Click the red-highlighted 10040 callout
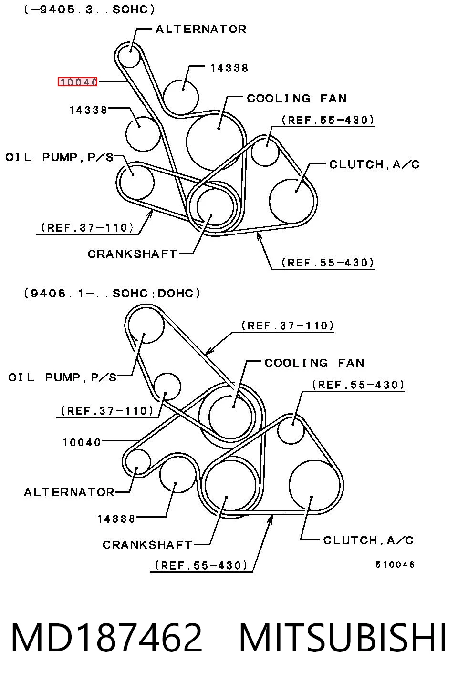(78, 82)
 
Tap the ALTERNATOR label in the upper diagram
(201, 29)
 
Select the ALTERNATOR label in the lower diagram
(69, 492)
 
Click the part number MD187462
(107, 638)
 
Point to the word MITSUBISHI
(343, 638)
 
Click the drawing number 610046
(395, 565)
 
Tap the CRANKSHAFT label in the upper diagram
(132, 254)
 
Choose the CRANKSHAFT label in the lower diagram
(147, 545)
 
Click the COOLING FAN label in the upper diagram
(297, 99)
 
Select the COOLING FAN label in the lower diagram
(314, 363)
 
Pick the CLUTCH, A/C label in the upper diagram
(374, 164)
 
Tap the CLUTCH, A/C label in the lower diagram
(368, 540)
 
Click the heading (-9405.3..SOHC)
(89, 9)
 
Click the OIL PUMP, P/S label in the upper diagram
(59, 157)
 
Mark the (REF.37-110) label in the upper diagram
(87, 228)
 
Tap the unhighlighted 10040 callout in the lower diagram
(82, 442)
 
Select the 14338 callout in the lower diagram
(116, 519)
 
